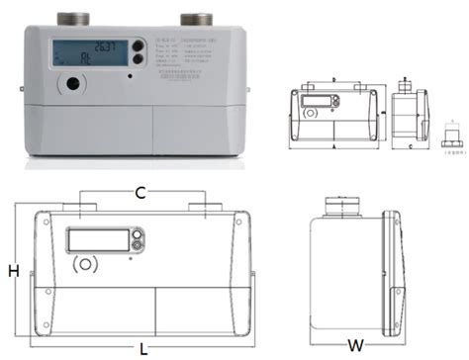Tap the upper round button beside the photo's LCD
[137, 45]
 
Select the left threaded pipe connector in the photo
[75, 19]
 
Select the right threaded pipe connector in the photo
[194, 19]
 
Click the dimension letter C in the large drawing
[142, 191]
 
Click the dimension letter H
[13, 270]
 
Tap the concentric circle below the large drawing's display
[87, 265]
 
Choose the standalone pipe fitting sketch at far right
[450, 134]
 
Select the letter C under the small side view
[410, 144]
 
